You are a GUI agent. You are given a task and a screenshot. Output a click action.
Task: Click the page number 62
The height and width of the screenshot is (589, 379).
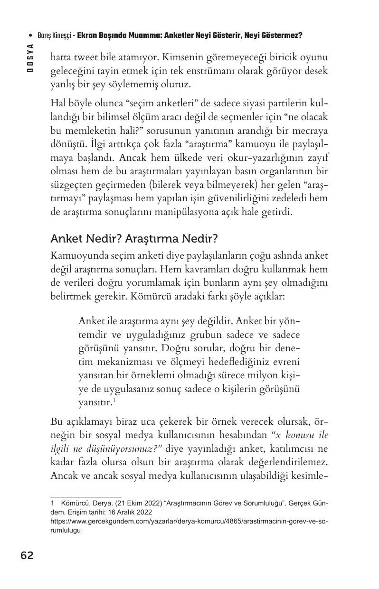pos(27,555)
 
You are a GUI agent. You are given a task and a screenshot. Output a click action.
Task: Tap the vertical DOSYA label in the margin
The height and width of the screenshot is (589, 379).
pos(30,57)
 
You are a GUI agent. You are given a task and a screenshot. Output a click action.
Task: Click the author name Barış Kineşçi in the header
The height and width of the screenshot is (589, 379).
pos(54,36)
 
